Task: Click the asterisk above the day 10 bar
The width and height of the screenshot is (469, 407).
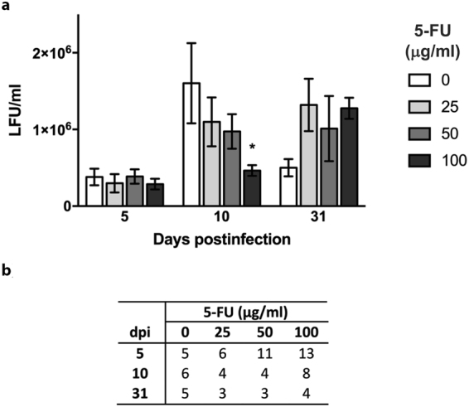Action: pos(252,148)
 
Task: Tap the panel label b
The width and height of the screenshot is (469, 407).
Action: pos(6,272)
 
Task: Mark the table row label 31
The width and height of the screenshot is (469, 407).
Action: pos(143,390)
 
